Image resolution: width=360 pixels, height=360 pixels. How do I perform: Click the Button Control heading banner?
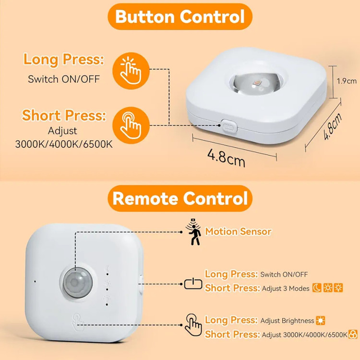180,16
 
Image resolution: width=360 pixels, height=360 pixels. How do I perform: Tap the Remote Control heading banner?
180,198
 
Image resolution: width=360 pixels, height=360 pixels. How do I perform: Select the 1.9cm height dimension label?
347,81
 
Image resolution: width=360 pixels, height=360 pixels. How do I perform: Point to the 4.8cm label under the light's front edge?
227,158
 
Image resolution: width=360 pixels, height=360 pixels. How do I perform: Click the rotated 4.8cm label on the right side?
333,126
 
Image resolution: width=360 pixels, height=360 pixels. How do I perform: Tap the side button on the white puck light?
229,126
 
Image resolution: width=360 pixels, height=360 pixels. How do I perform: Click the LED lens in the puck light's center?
256,84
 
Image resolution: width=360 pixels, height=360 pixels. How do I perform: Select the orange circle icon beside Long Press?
131,71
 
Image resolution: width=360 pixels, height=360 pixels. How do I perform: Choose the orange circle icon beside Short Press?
131,125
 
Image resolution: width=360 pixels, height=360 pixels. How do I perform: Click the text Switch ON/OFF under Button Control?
64,79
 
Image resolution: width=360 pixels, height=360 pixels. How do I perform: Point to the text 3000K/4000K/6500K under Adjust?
64,144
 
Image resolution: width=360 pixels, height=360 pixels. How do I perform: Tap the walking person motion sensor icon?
194,232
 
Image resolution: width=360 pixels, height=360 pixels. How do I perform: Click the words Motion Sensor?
238,231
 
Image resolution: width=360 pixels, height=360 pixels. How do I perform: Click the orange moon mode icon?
317,288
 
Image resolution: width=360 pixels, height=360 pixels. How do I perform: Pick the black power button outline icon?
193,284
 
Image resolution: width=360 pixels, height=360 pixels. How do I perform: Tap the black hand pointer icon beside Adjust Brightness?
193,325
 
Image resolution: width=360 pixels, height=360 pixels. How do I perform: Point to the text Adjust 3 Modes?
286,288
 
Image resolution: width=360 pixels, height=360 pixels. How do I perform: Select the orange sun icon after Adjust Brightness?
321,321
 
